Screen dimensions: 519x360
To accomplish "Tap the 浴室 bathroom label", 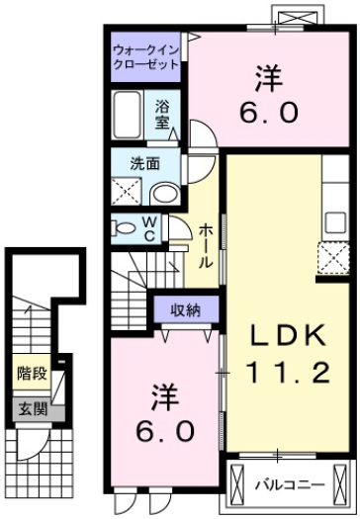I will click(x=161, y=114).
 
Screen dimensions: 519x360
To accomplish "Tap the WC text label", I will click(x=148, y=228).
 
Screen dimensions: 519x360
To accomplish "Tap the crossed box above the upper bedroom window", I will click(x=299, y=18).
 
